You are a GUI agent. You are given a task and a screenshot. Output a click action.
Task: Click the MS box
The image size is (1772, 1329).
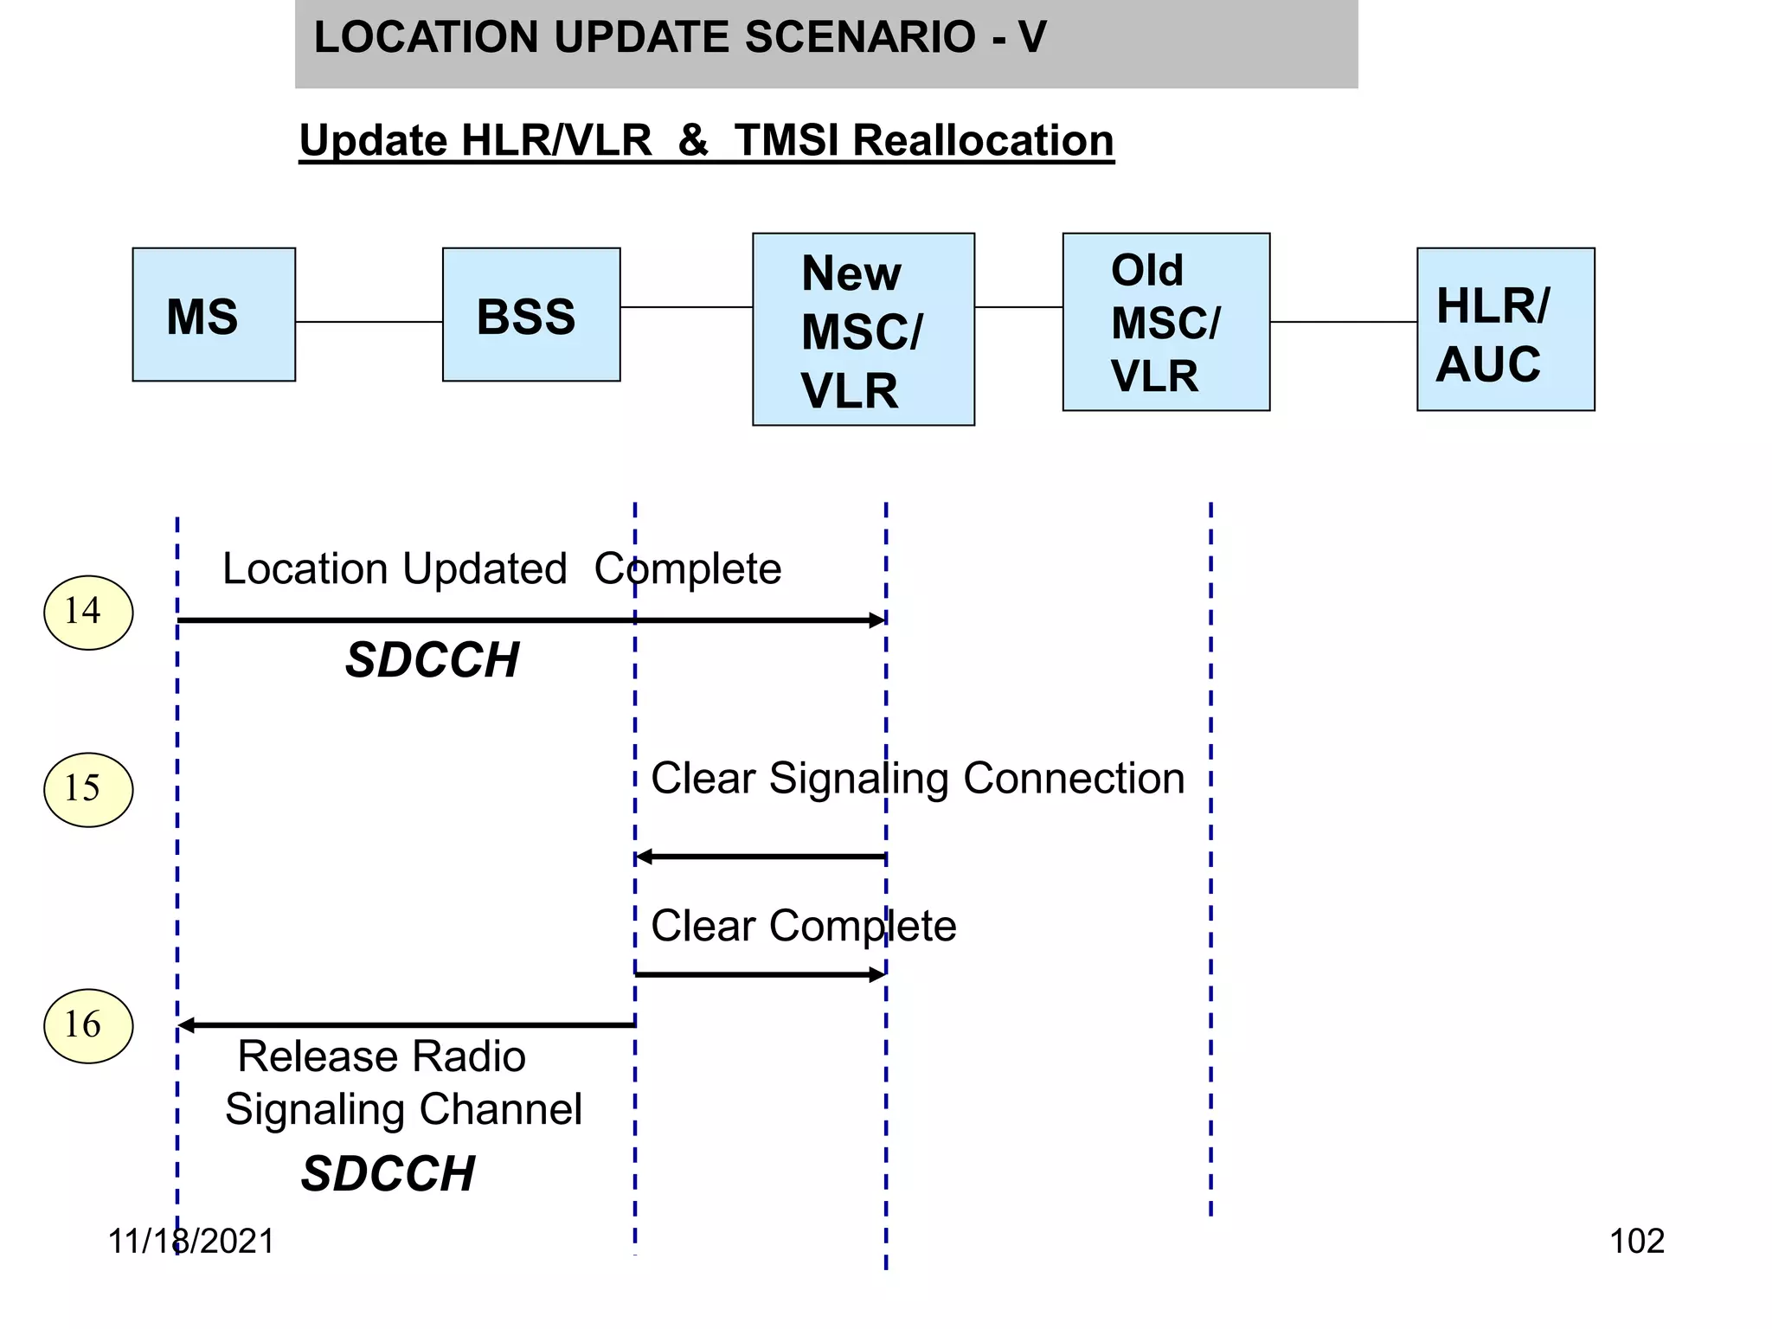pos(214,315)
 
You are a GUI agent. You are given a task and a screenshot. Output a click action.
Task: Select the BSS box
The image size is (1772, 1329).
pos(530,315)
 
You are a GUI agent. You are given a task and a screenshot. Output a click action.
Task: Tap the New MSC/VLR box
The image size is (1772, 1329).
pos(863,330)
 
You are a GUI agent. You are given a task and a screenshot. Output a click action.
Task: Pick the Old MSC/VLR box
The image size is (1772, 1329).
pos(1165,322)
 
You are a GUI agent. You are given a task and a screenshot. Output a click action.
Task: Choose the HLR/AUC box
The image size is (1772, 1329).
pos(1505,330)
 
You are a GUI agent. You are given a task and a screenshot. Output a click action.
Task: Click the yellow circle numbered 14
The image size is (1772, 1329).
pos(88,613)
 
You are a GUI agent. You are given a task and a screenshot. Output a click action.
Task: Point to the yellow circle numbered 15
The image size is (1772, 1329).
pos(88,790)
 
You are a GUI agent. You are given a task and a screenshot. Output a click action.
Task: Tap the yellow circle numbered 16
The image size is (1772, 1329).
pos(88,1026)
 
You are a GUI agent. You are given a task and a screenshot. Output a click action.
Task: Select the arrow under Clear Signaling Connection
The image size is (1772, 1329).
pos(761,857)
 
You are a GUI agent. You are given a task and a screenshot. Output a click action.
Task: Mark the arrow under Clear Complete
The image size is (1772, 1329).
pos(761,975)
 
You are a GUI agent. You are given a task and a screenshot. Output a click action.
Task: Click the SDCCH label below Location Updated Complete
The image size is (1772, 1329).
pos(432,661)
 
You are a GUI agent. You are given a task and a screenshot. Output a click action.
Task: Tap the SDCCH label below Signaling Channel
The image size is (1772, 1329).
pos(388,1175)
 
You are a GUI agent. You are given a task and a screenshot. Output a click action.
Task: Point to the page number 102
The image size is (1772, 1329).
pos(1636,1242)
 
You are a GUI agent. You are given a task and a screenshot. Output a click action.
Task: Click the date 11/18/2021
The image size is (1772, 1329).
pos(191,1242)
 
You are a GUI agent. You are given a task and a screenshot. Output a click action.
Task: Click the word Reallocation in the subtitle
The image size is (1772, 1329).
pos(983,141)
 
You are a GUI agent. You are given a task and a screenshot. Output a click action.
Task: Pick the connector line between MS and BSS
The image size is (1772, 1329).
pos(369,322)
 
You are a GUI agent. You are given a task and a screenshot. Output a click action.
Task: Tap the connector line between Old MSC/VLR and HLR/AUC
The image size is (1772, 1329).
pos(1343,322)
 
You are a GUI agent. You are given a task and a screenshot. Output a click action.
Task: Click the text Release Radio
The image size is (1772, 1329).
pos(382,1057)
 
